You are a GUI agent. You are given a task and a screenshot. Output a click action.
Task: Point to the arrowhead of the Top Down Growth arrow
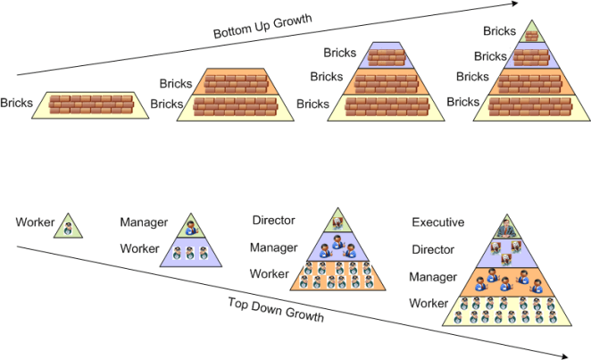coord(565,356)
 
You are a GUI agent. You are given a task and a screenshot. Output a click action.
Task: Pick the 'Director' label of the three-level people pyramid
coord(273,220)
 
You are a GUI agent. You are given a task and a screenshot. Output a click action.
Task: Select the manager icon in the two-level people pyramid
coord(190,227)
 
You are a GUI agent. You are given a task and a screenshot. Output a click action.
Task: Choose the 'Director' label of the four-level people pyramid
coord(433,250)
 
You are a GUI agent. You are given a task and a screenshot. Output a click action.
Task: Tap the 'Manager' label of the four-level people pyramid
coord(433,278)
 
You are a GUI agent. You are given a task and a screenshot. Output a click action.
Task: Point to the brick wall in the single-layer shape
coord(91,105)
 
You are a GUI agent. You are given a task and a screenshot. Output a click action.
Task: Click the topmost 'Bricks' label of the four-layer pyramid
coord(499,31)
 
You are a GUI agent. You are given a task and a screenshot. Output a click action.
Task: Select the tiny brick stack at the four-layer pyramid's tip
coord(531,37)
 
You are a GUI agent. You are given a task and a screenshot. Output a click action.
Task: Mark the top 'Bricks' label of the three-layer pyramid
coord(339,54)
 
